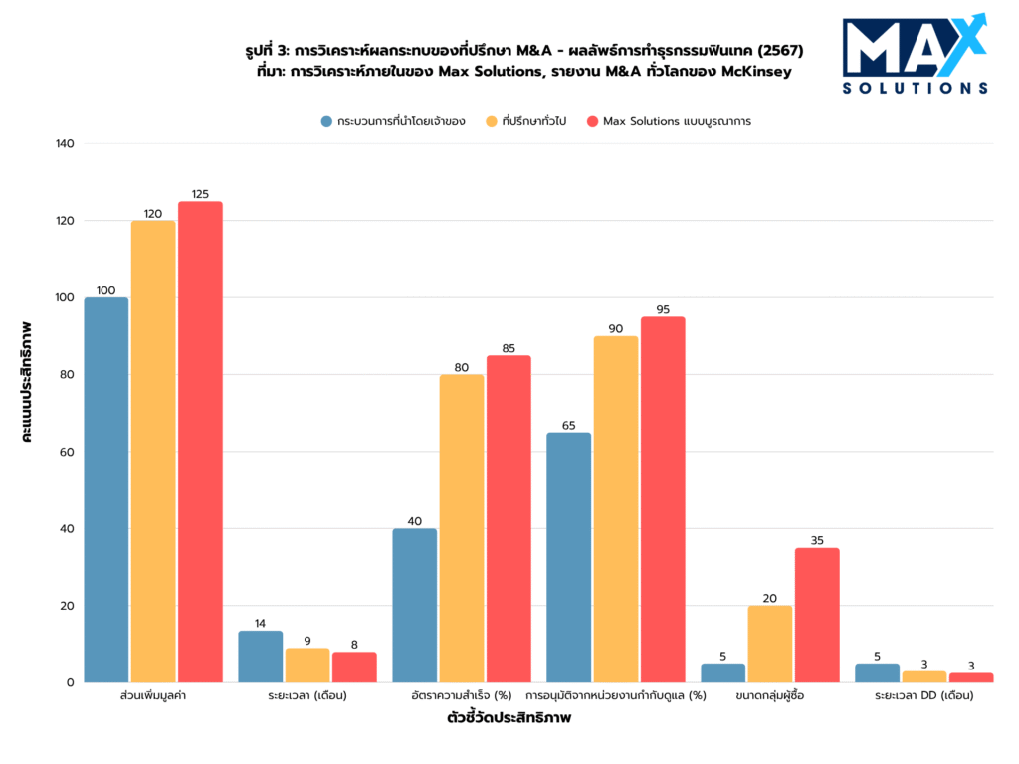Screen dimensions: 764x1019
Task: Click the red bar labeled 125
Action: point(200,442)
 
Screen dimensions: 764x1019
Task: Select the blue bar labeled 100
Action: point(106,489)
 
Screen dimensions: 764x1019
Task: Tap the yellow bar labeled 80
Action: point(462,528)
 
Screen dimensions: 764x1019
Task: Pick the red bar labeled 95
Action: point(663,499)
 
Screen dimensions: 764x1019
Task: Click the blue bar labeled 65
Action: point(569,557)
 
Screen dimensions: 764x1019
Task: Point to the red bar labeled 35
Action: point(817,615)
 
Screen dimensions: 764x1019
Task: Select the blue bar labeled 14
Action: point(261,657)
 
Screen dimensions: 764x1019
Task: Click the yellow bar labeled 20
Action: point(770,644)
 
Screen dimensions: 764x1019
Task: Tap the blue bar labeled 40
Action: point(415,605)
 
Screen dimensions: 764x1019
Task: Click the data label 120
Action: point(153,214)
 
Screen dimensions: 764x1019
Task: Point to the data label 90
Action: point(616,329)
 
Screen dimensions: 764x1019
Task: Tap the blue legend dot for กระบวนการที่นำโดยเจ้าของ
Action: point(325,121)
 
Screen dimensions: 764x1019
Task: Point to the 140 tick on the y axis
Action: point(66,144)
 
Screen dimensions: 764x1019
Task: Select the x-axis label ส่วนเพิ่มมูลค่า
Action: point(152,696)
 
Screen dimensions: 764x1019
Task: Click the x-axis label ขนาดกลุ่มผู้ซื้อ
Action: point(770,696)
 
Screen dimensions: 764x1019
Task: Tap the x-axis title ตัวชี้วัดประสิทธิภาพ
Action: point(509,719)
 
